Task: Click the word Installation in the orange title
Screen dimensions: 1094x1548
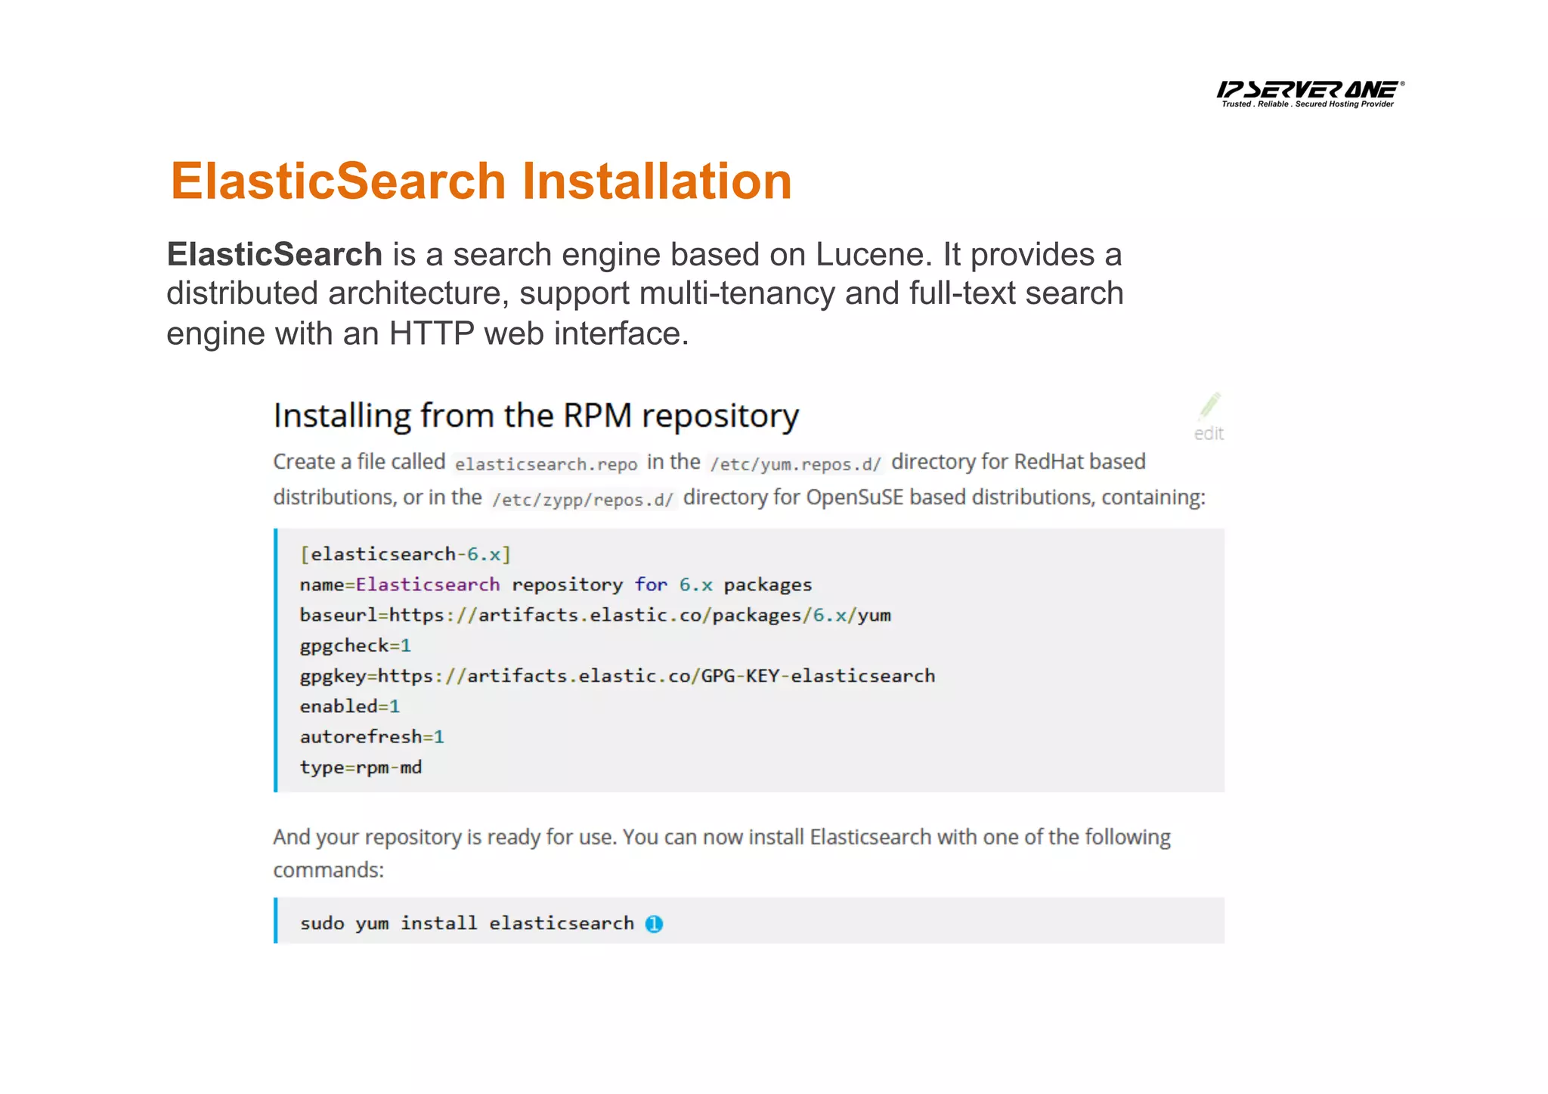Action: (656, 181)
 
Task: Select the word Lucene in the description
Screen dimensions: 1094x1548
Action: (869, 255)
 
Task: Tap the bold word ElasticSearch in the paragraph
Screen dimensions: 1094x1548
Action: (274, 255)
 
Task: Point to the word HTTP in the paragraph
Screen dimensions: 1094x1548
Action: (431, 333)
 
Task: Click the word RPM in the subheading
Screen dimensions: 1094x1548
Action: (597, 416)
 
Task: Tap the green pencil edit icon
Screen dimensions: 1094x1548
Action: (1209, 406)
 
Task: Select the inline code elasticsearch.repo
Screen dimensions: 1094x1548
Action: (546, 463)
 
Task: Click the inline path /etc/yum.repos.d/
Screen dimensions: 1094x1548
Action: (795, 463)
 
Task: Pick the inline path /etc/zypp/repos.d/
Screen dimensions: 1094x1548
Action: (582, 499)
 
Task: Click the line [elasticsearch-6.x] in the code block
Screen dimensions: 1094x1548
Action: (405, 554)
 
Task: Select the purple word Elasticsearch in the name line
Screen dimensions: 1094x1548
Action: (428, 584)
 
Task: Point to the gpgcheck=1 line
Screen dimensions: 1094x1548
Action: (355, 646)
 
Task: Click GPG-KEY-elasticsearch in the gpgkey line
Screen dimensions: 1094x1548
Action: (818, 676)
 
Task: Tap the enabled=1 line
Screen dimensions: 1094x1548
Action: (349, 706)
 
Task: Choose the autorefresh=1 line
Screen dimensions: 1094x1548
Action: (372, 736)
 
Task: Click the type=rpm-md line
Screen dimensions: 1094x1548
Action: (361, 767)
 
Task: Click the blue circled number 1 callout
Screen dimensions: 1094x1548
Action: (654, 924)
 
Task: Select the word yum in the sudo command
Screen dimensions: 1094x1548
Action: (372, 924)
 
